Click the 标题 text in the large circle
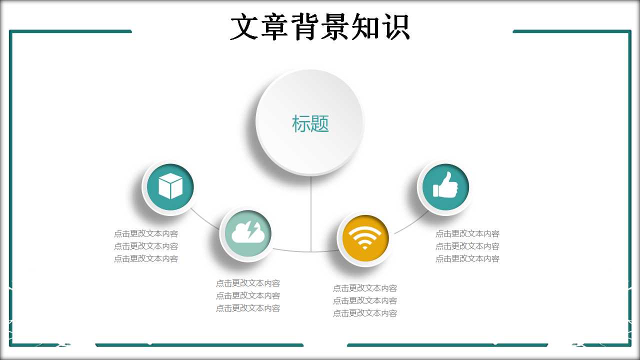[x=310, y=123]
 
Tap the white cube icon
[x=170, y=186]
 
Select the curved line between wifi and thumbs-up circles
[x=411, y=224]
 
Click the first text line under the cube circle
[x=146, y=233]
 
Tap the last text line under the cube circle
[x=146, y=258]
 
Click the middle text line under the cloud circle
[x=248, y=295]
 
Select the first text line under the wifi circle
[x=365, y=288]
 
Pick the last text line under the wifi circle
[x=365, y=313]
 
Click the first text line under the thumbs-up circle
[x=467, y=233]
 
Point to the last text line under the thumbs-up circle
[x=467, y=258]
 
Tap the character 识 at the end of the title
[x=395, y=26]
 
